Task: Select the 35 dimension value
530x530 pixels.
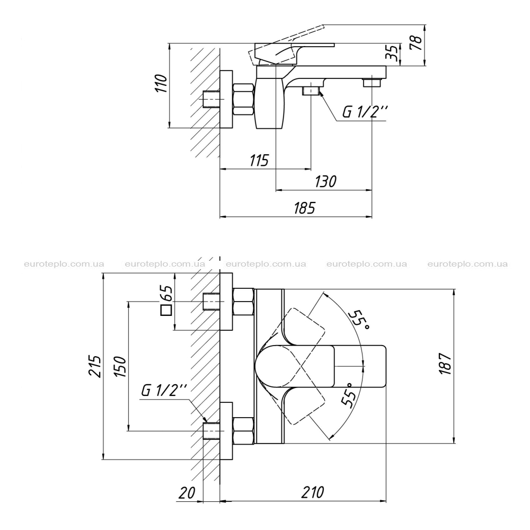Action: (392, 52)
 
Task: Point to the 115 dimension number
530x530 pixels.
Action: (259, 160)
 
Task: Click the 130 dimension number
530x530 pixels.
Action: (325, 181)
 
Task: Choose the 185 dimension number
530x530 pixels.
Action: (304, 208)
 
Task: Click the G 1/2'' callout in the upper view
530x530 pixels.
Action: (365, 111)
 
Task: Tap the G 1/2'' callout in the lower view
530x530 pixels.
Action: (164, 391)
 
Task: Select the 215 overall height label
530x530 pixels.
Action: (95, 366)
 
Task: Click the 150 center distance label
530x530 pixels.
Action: (120, 367)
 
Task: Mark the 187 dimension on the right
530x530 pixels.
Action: (446, 364)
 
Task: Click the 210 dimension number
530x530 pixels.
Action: (313, 492)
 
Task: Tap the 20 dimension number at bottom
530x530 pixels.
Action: (187, 493)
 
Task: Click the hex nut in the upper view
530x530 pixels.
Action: (243, 99)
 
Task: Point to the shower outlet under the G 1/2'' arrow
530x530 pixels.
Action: (311, 91)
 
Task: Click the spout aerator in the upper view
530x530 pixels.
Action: (372, 83)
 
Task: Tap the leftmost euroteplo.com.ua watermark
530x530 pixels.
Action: (64, 264)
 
